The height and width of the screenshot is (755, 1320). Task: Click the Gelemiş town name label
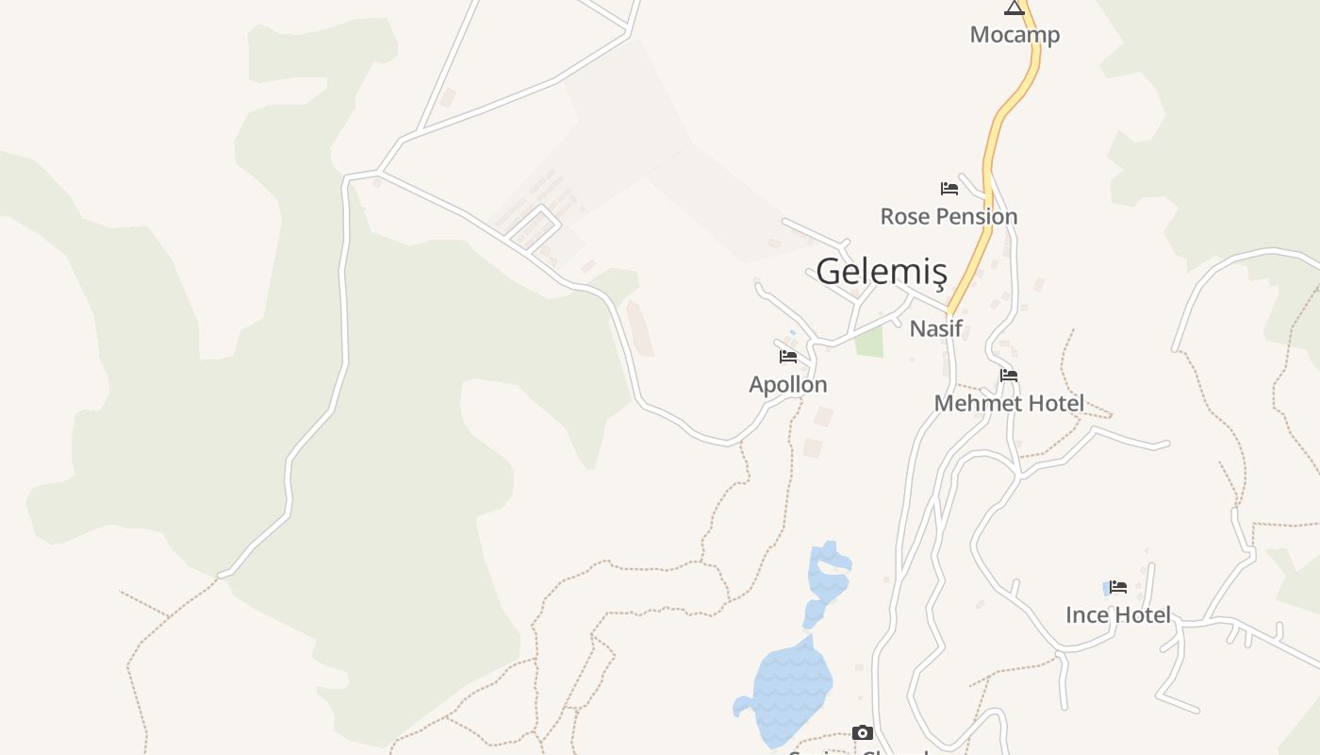(881, 272)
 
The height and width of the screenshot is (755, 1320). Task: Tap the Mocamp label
(1015, 35)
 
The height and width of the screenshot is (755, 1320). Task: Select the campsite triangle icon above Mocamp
(1015, 8)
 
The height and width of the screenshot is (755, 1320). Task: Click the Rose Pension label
(949, 216)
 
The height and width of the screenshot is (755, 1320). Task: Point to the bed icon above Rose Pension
(949, 189)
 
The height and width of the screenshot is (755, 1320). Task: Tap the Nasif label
(935, 328)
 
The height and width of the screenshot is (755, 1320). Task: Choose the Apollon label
(788, 384)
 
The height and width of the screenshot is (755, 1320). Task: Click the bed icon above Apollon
(788, 357)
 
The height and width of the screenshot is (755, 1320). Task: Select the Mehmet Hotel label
(1009, 403)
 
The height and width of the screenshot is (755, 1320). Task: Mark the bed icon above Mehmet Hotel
(1009, 376)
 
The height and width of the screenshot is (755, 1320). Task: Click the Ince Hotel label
(1118, 614)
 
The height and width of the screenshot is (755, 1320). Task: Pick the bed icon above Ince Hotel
(1118, 587)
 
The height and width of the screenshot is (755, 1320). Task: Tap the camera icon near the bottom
(862, 732)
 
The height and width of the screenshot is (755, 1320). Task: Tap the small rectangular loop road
(533, 227)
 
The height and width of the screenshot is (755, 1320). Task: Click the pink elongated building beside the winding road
(639, 327)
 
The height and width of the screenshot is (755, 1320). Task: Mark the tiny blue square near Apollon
(792, 332)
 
